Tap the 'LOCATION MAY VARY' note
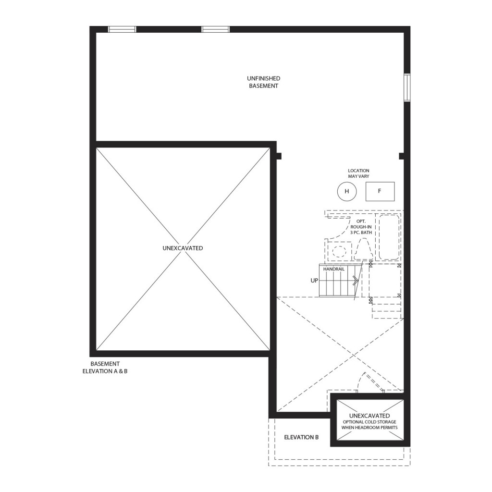(358, 173)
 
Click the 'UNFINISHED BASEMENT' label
(264, 82)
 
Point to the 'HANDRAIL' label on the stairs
(334, 269)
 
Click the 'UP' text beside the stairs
(314, 281)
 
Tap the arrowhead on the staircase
(356, 280)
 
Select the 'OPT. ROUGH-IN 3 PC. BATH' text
(361, 227)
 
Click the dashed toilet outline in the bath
(363, 249)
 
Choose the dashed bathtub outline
(389, 237)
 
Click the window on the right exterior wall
(407, 87)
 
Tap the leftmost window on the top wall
(122, 29)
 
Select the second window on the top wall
(216, 29)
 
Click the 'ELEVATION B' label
(301, 437)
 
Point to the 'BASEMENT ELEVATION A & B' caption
(105, 368)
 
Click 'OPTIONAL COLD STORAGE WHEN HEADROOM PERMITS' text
(369, 425)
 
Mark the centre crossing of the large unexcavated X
(183, 249)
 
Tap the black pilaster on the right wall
(401, 156)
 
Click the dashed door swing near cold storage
(361, 380)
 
